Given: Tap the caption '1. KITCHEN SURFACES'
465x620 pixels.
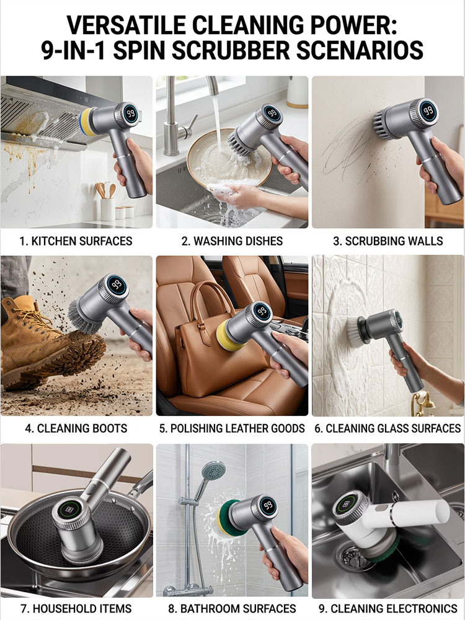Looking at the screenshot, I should [76, 241].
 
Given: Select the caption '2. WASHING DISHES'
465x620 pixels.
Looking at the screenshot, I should [232, 241].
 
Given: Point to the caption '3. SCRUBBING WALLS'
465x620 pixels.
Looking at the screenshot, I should [388, 241].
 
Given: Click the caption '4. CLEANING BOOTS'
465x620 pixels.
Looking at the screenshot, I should [76, 428].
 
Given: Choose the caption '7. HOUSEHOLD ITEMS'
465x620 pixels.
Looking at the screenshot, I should [76, 608].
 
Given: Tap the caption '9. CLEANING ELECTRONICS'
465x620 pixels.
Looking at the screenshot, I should [388, 608].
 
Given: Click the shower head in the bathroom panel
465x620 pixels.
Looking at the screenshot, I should [214, 471].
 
